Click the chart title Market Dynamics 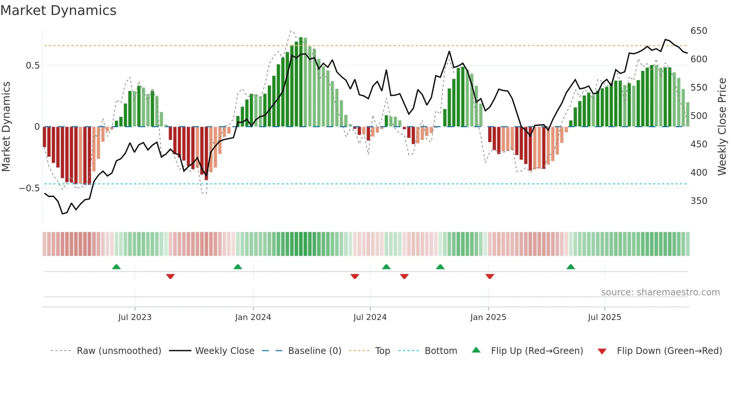pyautogui.click(x=58, y=10)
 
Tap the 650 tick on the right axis pyautogui.click(x=699, y=31)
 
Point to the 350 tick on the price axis pyautogui.click(x=699, y=201)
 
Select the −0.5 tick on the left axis pyautogui.click(x=29, y=188)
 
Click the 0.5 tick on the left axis pyautogui.click(x=32, y=66)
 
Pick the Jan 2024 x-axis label pyautogui.click(x=253, y=317)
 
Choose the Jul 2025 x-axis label pyautogui.click(x=604, y=317)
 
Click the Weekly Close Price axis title pyautogui.click(x=722, y=127)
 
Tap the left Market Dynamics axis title pyautogui.click(x=6, y=127)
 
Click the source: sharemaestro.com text pyautogui.click(x=660, y=292)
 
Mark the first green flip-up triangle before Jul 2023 pyautogui.click(x=116, y=267)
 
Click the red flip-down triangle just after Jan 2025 pyautogui.click(x=490, y=276)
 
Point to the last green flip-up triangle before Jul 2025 pyautogui.click(x=571, y=267)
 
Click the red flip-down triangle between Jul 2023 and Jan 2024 pyautogui.click(x=170, y=276)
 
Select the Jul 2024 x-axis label pyautogui.click(x=370, y=317)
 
